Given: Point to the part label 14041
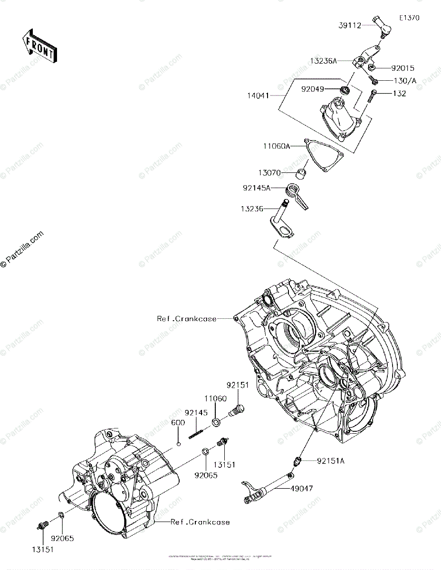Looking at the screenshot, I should click(x=258, y=95).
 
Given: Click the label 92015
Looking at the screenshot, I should click(x=403, y=68).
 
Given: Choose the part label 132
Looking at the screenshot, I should click(x=399, y=94).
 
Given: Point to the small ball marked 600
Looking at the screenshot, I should click(x=178, y=444).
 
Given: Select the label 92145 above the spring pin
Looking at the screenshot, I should click(x=196, y=413).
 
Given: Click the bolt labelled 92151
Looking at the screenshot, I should click(x=236, y=409).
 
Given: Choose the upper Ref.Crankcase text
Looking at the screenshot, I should click(x=187, y=319).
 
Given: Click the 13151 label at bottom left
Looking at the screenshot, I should click(x=43, y=549).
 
